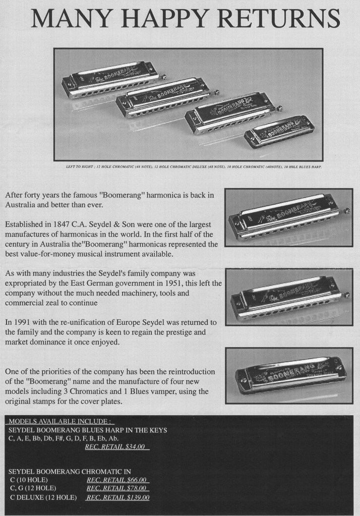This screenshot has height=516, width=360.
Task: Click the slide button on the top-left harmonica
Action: click(x=164, y=76)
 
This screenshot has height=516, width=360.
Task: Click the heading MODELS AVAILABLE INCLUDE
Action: click(x=61, y=421)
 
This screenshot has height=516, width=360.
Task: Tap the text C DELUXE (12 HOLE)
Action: click(x=43, y=497)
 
